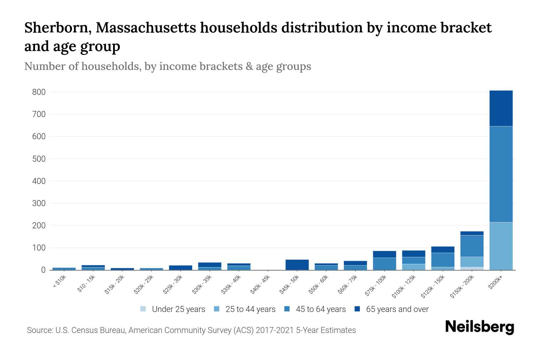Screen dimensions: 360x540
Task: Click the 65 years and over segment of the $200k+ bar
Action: (x=501, y=108)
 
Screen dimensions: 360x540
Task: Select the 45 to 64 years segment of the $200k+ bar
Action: (x=501, y=174)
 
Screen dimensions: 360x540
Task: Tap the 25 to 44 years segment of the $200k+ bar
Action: (x=501, y=246)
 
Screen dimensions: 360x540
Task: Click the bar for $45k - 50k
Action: (x=297, y=265)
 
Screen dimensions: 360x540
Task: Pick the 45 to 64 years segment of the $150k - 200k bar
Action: (x=472, y=246)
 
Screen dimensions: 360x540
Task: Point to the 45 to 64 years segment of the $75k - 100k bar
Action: (x=384, y=264)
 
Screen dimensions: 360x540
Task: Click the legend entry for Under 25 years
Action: (x=173, y=309)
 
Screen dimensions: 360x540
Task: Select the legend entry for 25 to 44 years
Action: (x=245, y=309)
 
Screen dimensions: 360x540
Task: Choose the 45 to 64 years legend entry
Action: (x=315, y=309)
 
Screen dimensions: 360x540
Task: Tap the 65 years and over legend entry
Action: (x=391, y=309)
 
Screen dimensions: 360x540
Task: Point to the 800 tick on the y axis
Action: (x=39, y=92)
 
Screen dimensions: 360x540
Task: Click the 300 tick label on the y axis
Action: (x=39, y=203)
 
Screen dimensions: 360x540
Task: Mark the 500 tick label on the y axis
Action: (x=39, y=159)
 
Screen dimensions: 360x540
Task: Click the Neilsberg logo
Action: (x=479, y=327)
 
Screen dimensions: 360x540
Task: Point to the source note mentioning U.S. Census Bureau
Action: (x=191, y=330)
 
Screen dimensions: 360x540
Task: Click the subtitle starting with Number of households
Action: (x=167, y=66)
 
